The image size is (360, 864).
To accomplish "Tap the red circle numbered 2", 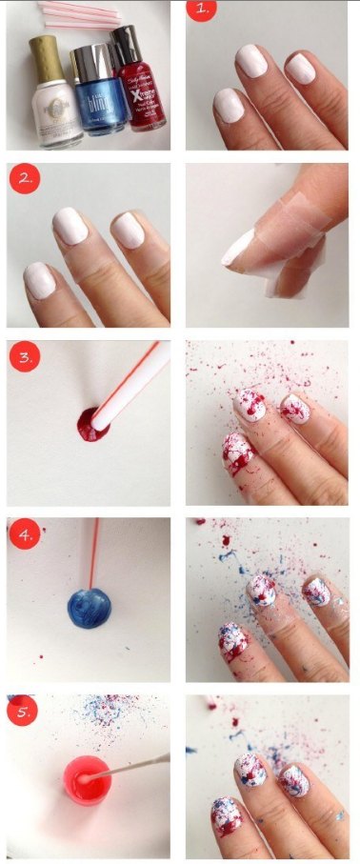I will [24, 178].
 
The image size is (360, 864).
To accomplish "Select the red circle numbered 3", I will [24, 357].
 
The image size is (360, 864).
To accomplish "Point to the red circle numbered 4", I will [24, 534].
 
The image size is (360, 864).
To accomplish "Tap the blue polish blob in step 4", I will [89, 607].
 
